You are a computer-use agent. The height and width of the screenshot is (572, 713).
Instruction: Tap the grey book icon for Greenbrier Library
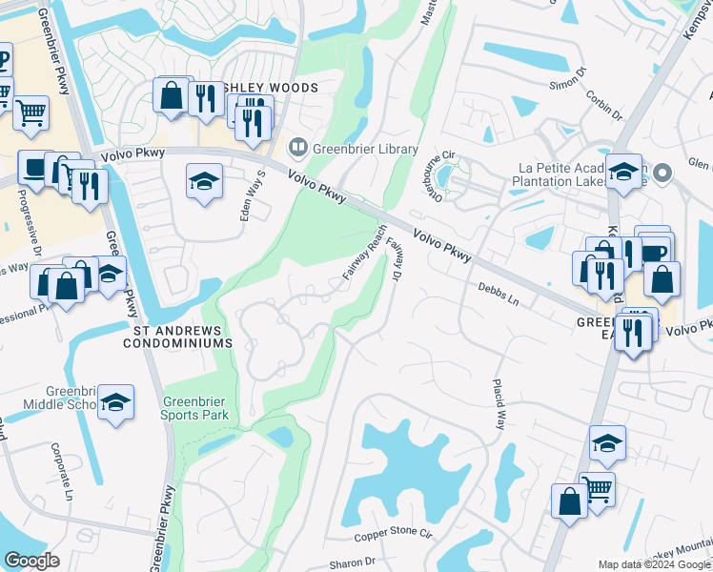(x=297, y=149)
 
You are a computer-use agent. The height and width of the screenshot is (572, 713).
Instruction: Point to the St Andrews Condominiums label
(x=178, y=336)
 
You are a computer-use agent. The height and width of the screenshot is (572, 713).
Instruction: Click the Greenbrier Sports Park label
(x=194, y=408)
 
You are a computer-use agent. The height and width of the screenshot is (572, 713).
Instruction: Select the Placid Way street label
(x=497, y=402)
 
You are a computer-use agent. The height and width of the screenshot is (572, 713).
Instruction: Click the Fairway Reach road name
(x=364, y=254)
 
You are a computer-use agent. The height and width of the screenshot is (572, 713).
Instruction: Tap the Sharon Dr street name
(x=353, y=563)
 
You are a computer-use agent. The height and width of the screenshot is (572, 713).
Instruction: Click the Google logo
(x=32, y=561)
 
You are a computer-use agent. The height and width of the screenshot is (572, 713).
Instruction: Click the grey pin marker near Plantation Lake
(x=665, y=172)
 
